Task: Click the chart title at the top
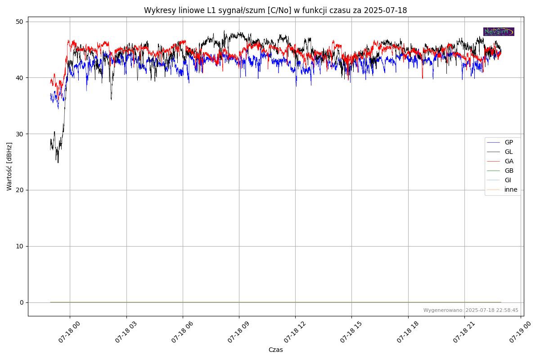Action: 275,10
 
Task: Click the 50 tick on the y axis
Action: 20,22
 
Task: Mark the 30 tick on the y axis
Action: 20,134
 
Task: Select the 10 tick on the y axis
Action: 20,246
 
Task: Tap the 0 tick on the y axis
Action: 22,302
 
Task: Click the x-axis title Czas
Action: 275,350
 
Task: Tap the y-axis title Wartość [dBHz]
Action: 9,166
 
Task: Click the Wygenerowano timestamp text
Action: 471,310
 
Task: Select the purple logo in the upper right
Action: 499,31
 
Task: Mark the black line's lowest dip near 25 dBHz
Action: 58,162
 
